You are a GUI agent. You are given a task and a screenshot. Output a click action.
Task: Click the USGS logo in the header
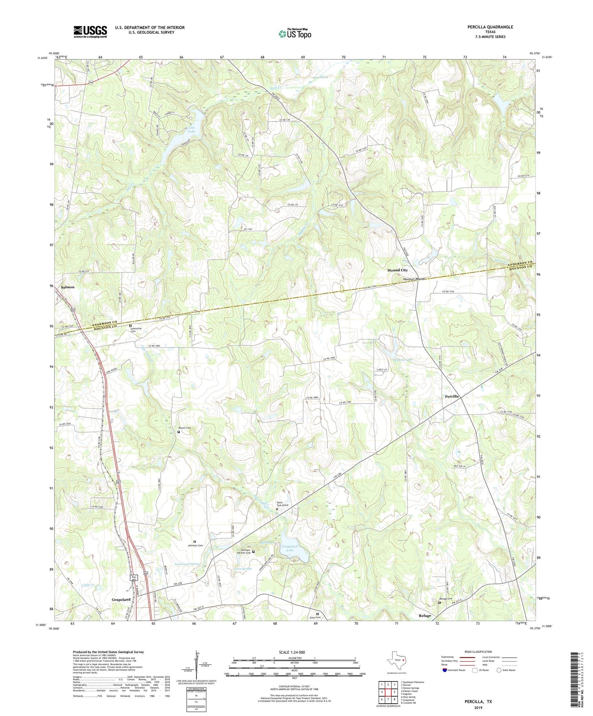point(90,32)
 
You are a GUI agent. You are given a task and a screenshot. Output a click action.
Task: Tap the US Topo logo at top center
point(295,34)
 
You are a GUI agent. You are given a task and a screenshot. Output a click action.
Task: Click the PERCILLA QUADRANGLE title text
point(490,27)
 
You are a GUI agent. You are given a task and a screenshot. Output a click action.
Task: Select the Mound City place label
point(397,270)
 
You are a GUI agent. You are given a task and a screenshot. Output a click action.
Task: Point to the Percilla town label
point(452,397)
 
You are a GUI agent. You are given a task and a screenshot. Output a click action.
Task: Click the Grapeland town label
point(121,600)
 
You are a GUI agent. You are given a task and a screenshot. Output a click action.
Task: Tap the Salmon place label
point(68,287)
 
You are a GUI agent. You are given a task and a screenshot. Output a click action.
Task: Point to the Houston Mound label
point(413,279)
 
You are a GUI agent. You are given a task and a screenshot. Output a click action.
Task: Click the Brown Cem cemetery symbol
point(179,432)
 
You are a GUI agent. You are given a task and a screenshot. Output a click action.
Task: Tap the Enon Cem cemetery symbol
point(317,614)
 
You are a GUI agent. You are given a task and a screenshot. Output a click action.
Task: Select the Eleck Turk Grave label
point(282,504)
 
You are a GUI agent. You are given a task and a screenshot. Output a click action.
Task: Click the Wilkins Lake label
point(403,360)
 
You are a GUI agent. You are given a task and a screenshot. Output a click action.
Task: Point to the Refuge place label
point(425,616)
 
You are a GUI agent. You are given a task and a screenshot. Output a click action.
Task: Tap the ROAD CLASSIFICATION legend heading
point(478,652)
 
